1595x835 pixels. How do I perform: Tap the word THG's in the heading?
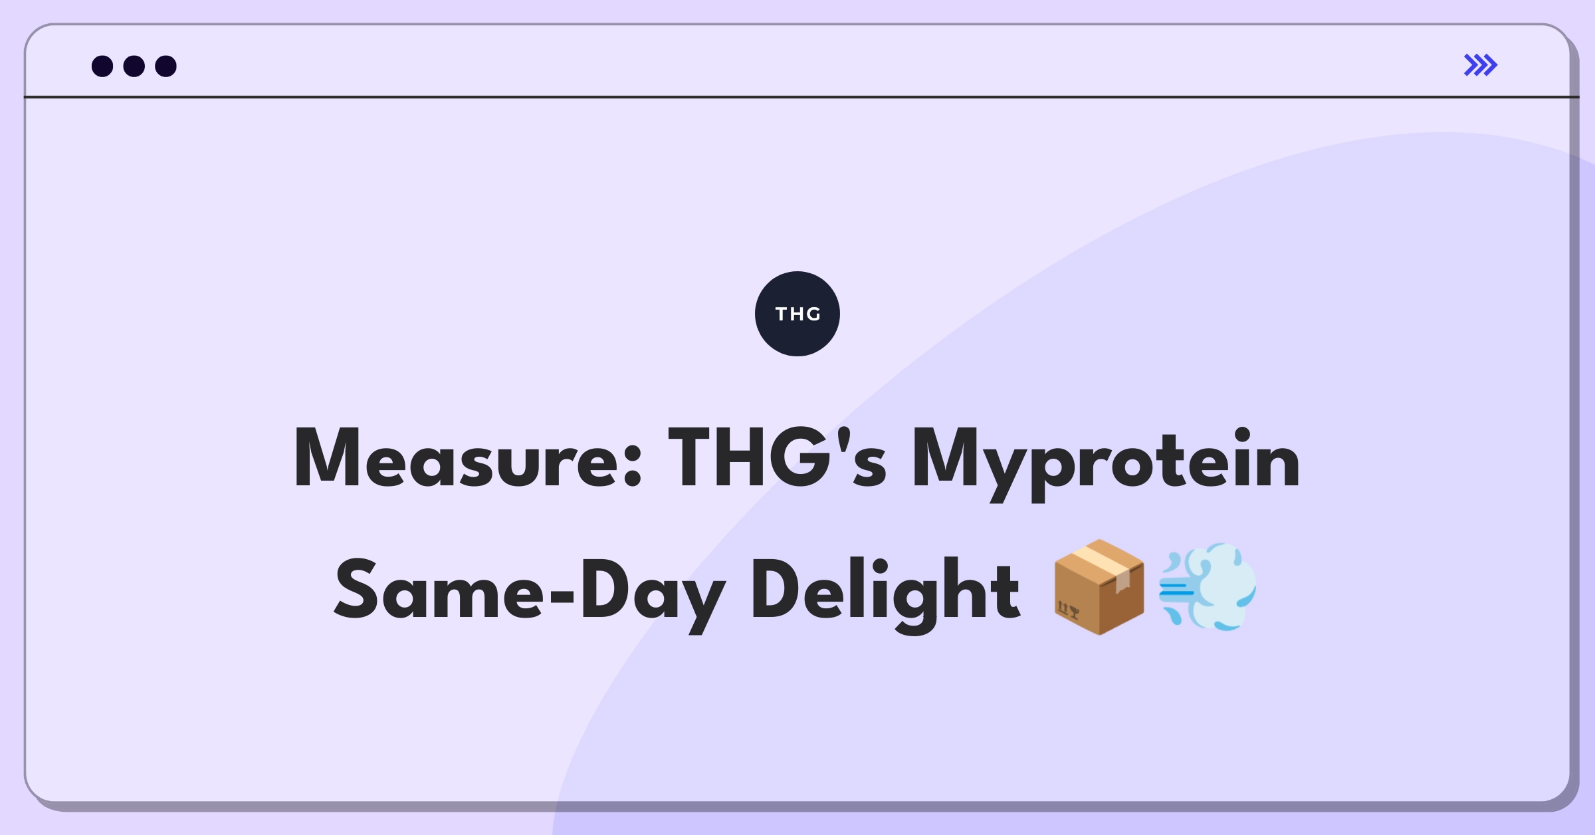pos(777,457)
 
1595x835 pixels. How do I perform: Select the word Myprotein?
pos(1105,464)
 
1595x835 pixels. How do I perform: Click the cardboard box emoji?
pos(1099,587)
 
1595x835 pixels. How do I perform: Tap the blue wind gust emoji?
pos(1208,587)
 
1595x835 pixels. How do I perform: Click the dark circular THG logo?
pos(797,314)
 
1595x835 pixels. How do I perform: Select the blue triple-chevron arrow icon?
pos(1481,65)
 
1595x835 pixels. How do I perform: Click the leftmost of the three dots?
pos(102,66)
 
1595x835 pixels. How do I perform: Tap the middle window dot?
pos(134,66)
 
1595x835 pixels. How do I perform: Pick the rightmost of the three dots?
pos(166,66)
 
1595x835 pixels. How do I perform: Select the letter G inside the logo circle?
pos(813,314)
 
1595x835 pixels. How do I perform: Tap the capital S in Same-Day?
pos(356,589)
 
